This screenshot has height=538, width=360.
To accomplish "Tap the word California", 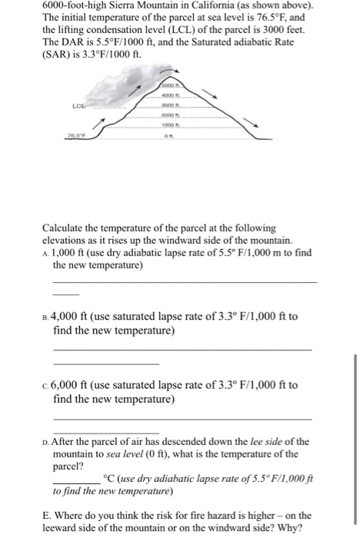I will (x=212, y=5).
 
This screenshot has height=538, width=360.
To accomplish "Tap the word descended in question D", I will (x=185, y=441).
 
